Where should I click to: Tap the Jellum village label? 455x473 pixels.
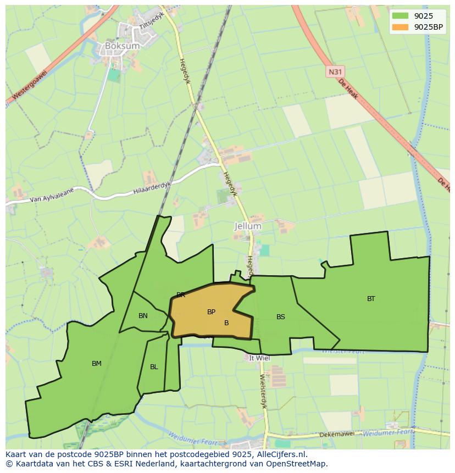pyautogui.click(x=248, y=226)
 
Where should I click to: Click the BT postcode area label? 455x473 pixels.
pyautogui.click(x=371, y=299)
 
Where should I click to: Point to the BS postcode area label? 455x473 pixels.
pyautogui.click(x=281, y=317)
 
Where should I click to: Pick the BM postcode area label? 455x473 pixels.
pyautogui.click(x=97, y=363)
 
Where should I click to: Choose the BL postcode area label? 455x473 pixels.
pyautogui.click(x=154, y=367)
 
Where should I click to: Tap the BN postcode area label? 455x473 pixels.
pyautogui.click(x=143, y=316)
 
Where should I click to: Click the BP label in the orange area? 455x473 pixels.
pyautogui.click(x=211, y=312)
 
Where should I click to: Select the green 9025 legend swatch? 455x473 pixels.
pyautogui.click(x=400, y=16)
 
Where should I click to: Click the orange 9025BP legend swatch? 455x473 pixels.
pyautogui.click(x=400, y=27)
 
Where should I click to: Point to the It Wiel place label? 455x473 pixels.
pyautogui.click(x=259, y=358)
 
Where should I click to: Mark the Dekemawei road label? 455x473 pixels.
pyautogui.click(x=338, y=435)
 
